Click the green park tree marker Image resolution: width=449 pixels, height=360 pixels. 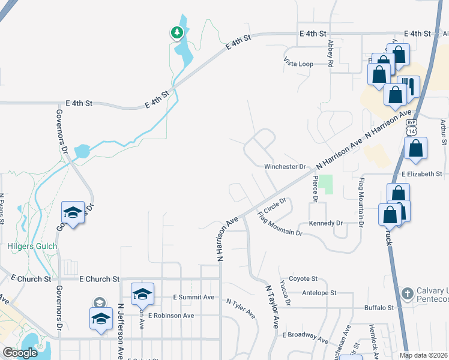176,32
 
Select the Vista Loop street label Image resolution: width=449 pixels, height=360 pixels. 298,62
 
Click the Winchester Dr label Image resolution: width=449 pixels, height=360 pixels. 285,166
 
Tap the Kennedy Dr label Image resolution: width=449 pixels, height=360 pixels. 325,223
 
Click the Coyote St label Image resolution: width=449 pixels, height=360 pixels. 303,278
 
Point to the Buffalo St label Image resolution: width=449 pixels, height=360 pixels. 378,308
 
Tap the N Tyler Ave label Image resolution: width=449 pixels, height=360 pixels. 241,306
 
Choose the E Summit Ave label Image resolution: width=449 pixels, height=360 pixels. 193,297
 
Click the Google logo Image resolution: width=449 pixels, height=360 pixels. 20,353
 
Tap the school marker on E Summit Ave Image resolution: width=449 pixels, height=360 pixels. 142,294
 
